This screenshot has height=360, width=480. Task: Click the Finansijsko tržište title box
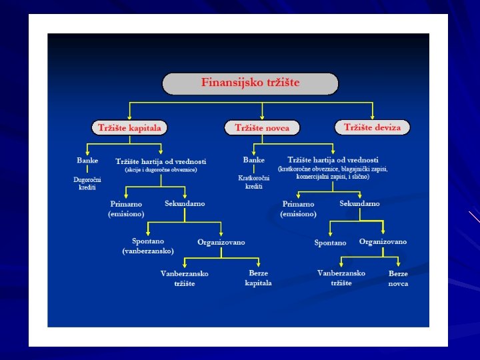click(x=250, y=83)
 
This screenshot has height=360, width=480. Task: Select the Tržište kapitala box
click(x=129, y=127)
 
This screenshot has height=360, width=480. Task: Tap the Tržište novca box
click(x=262, y=127)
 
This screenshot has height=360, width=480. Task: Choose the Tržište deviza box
click(x=372, y=127)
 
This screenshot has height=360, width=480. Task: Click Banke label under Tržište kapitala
click(x=87, y=161)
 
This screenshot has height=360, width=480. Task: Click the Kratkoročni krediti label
click(x=253, y=182)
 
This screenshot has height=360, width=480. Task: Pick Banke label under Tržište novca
click(x=253, y=160)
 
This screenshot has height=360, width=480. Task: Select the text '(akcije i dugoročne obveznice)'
click(x=161, y=170)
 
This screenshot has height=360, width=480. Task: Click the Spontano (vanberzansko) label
click(x=148, y=246)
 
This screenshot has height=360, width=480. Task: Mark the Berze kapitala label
click(x=258, y=278)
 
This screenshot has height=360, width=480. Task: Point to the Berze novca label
click(x=398, y=279)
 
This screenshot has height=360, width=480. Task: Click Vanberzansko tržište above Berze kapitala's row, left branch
click(x=185, y=279)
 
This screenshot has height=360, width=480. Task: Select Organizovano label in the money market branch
click(x=383, y=242)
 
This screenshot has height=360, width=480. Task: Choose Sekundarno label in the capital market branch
click(x=185, y=203)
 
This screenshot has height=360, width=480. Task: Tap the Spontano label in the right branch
click(x=330, y=243)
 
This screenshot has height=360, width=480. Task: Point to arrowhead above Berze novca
click(x=399, y=265)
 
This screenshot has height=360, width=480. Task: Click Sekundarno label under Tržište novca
click(x=359, y=203)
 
